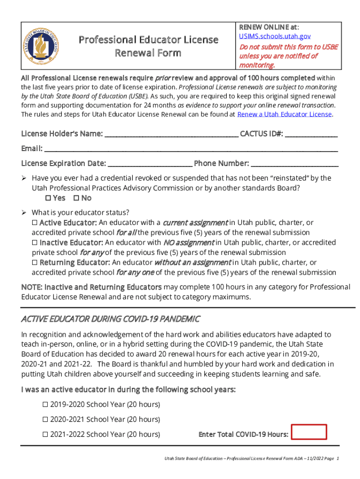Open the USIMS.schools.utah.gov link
coord(275,36)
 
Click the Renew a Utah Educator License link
coord(285,114)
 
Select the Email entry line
coord(191,150)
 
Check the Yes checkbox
coord(48,198)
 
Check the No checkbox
coord(77,198)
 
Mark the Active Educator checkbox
coord(35,223)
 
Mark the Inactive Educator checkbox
coord(35,243)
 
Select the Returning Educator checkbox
coord(35,263)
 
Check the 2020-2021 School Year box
coord(45,420)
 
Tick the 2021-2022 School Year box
coord(45,435)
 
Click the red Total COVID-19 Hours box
coord(309,432)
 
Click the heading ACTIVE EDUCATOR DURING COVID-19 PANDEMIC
coord(111,319)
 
